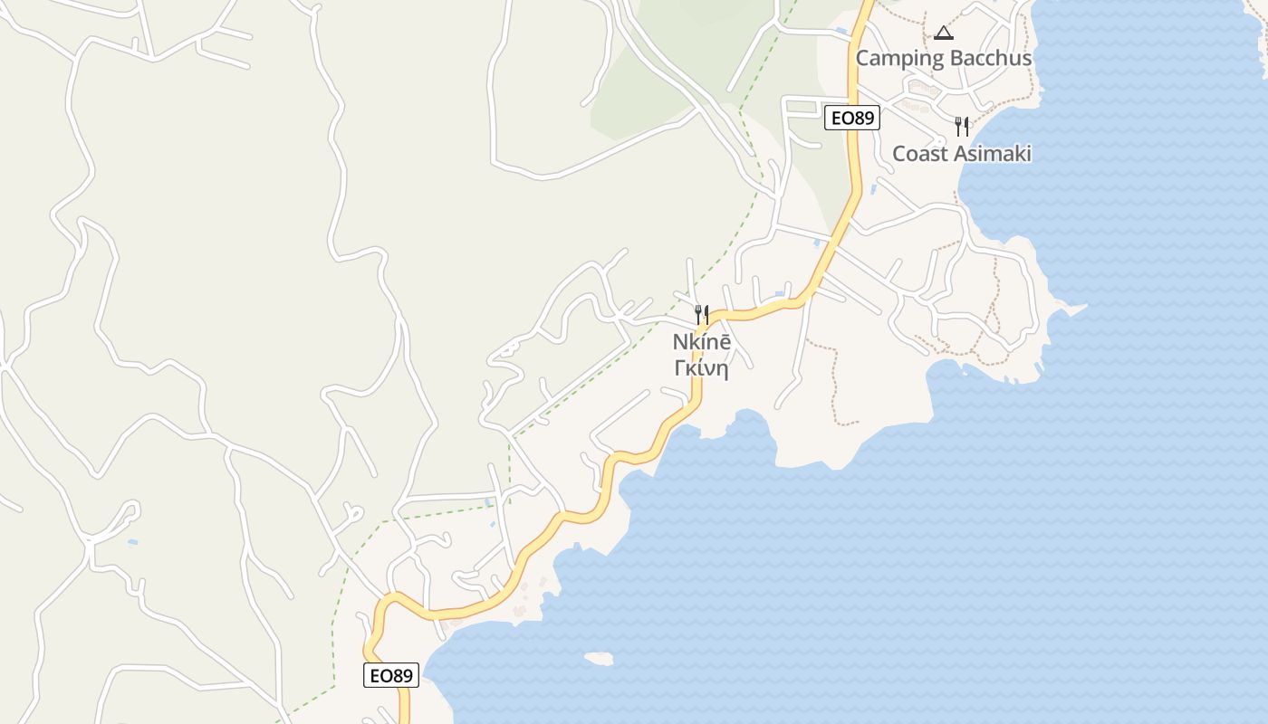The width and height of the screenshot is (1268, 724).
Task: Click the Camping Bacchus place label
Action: (x=943, y=59)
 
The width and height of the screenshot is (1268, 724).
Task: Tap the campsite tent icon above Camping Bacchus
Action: (x=944, y=33)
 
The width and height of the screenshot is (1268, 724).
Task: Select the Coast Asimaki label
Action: (x=961, y=154)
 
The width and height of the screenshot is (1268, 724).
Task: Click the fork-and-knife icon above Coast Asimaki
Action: (x=961, y=127)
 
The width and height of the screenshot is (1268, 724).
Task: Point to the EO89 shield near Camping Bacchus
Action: (x=852, y=118)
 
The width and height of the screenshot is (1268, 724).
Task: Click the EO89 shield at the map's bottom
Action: (x=391, y=675)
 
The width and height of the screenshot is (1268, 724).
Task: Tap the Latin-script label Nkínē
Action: (x=701, y=343)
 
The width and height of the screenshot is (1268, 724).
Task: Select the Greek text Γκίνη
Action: (x=701, y=368)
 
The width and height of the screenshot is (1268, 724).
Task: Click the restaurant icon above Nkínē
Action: (x=701, y=315)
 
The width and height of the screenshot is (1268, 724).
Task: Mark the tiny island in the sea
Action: (x=598, y=658)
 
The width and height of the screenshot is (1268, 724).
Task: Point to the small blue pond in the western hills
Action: (x=133, y=542)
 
